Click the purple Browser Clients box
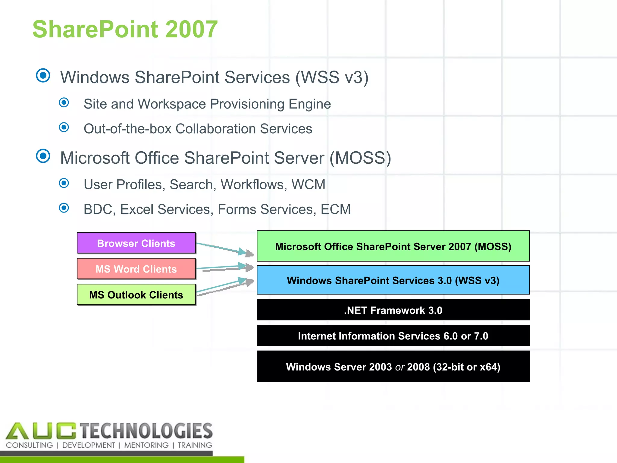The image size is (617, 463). click(136, 243)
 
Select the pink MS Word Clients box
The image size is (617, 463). click(136, 269)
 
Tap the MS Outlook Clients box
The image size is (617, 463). click(136, 294)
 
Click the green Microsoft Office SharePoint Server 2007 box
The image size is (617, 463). click(393, 246)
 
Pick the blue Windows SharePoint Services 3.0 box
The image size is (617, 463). click(393, 280)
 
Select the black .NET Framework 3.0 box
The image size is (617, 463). click(393, 310)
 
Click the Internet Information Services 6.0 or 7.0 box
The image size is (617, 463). click(393, 335)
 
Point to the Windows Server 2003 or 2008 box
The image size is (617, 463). click(393, 366)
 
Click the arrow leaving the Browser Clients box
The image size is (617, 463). click(224, 248)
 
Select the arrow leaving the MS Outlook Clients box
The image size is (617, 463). click(224, 286)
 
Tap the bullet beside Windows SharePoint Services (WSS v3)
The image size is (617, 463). click(43, 75)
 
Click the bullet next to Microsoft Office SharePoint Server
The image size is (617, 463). click(43, 156)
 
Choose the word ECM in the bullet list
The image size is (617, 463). click(336, 209)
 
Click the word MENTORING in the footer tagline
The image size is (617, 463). click(146, 445)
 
